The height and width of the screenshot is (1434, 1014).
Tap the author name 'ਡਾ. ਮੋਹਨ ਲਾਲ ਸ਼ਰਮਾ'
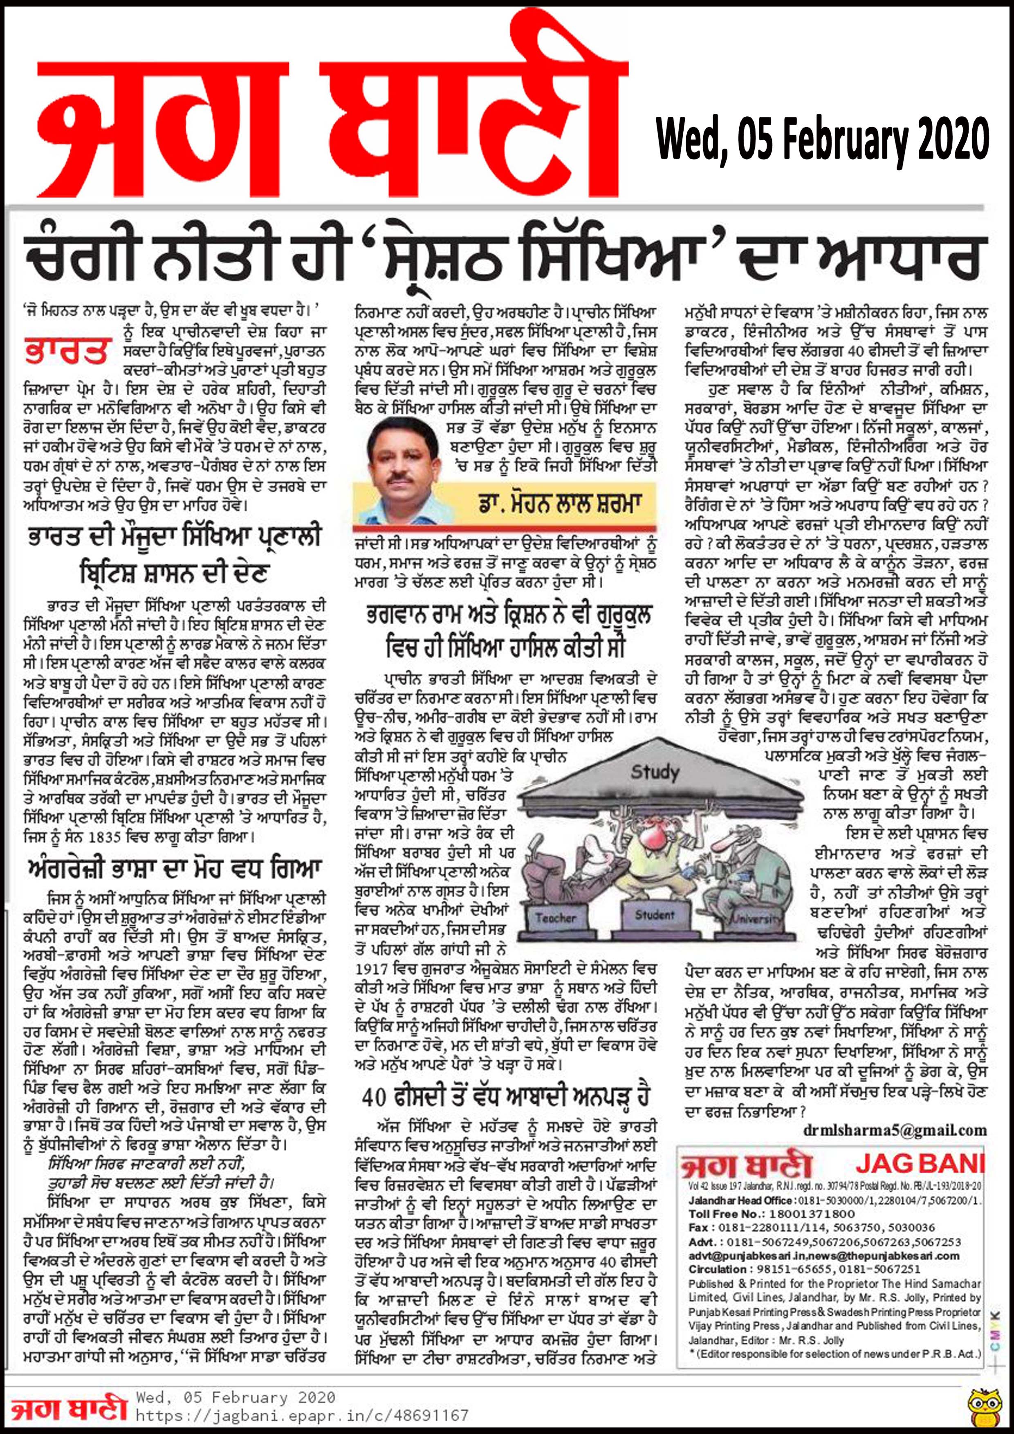560,503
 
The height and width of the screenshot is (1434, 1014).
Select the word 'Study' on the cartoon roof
654,773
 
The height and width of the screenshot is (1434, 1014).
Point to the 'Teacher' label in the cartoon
555,917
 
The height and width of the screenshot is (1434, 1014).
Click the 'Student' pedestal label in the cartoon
655,915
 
